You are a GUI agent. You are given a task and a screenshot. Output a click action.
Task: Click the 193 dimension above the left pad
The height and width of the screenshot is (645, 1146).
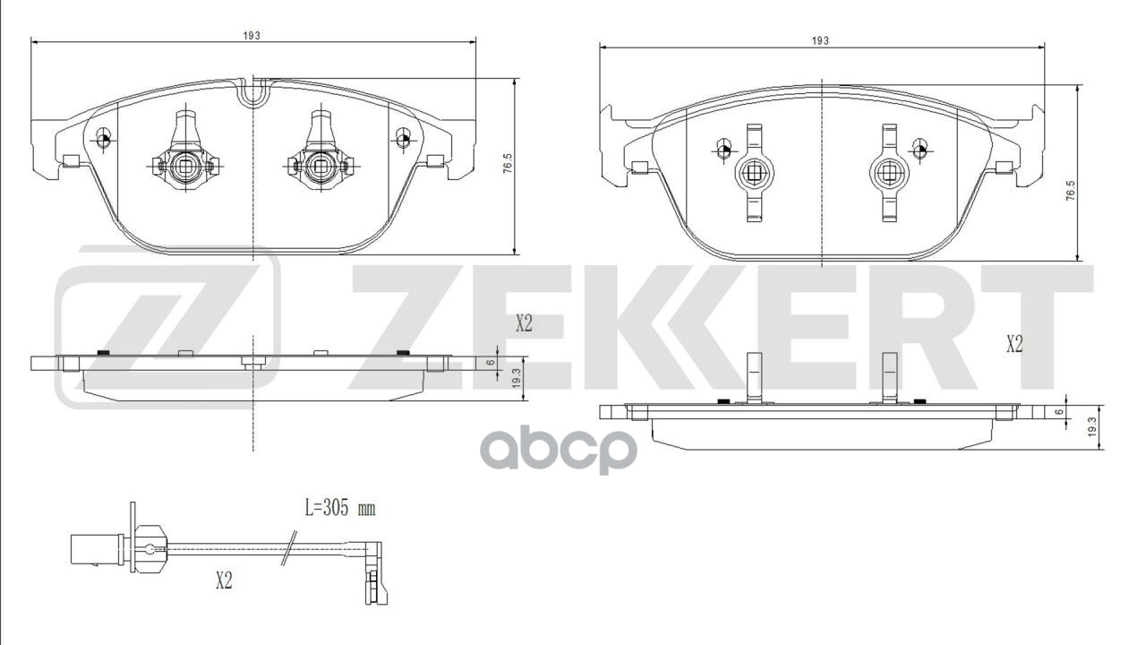click(x=252, y=35)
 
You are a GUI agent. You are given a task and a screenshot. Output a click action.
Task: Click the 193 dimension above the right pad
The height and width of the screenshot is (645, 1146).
click(x=820, y=40)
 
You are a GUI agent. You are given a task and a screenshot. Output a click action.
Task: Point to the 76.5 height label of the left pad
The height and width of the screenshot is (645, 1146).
click(x=508, y=167)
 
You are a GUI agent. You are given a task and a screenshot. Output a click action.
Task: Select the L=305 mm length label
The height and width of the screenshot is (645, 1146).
click(x=340, y=509)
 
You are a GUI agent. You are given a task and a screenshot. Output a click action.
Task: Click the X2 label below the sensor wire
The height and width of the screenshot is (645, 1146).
click(x=224, y=580)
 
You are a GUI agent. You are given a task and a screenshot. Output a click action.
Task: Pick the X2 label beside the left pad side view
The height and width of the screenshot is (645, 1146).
click(x=524, y=324)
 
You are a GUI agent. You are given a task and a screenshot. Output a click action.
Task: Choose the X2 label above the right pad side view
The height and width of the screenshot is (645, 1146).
click(x=1013, y=344)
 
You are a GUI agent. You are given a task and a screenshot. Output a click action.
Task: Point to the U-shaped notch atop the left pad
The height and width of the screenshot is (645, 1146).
click(x=253, y=92)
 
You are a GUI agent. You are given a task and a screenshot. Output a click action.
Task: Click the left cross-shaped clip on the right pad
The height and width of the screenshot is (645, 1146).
click(x=752, y=172)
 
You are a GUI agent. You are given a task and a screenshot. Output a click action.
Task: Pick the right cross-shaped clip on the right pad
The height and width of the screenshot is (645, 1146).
click(x=889, y=172)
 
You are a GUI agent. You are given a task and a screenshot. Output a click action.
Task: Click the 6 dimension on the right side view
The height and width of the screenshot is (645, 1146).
click(x=1059, y=411)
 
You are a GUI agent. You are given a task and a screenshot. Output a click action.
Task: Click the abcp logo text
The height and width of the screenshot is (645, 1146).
click(x=560, y=451)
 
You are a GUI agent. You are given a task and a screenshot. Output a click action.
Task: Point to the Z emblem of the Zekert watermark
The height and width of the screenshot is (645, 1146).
click(x=168, y=327)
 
